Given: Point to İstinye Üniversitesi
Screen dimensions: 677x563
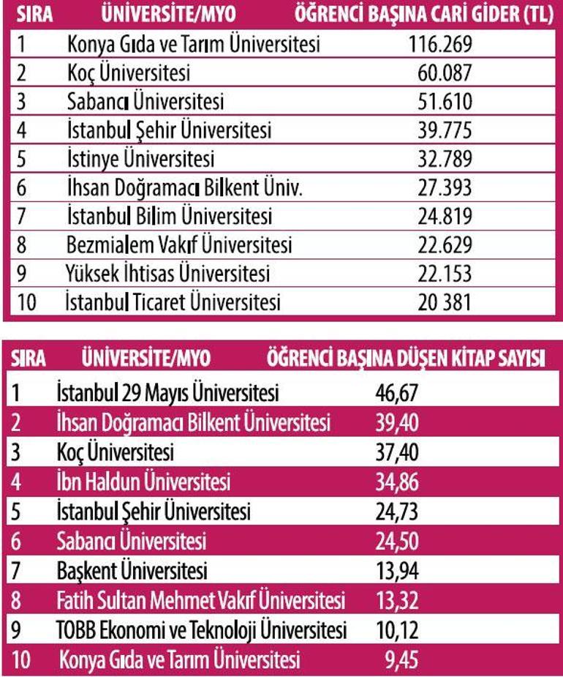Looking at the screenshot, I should click(140, 159).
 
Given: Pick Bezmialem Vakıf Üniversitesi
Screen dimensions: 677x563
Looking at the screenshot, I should click(178, 244).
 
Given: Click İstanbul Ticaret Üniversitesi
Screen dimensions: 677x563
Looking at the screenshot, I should click(173, 302).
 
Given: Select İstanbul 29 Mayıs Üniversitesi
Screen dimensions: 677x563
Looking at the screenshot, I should click(167, 394).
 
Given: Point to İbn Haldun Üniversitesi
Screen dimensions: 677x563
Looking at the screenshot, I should click(143, 482).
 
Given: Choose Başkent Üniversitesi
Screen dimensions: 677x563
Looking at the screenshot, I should click(132, 570).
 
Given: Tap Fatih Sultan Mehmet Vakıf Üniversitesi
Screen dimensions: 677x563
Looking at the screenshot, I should click(200, 601).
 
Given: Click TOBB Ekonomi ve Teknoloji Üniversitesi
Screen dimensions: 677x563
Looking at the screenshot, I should click(202, 630).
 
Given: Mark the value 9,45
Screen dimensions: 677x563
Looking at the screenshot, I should click(402, 660).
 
